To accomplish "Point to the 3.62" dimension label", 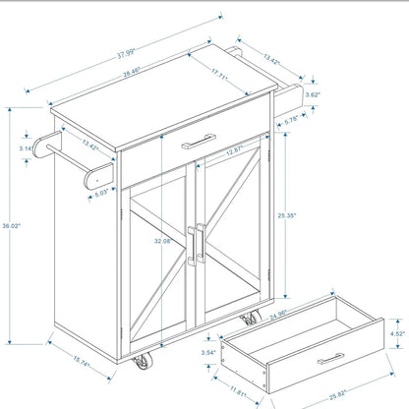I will (314, 95).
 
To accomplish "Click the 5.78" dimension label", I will (292, 121).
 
